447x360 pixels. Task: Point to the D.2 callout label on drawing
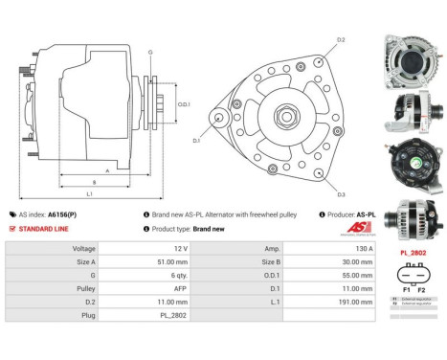342,40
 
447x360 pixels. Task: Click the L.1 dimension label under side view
88,194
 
